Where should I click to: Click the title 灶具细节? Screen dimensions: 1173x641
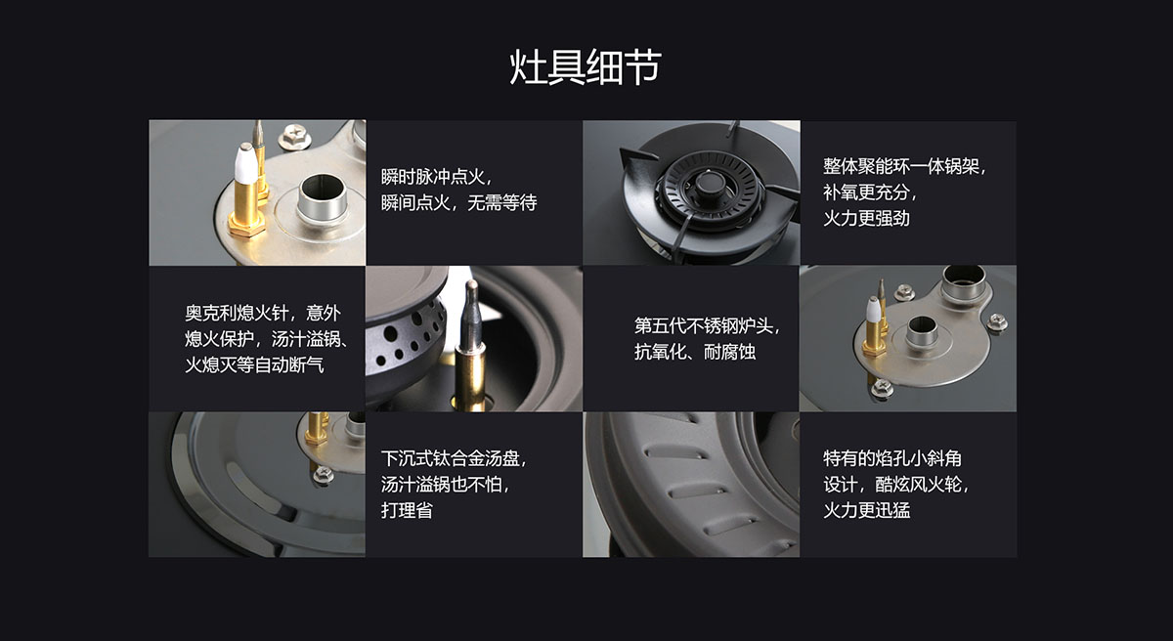(x=586, y=67)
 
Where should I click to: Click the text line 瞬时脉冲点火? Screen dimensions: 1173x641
(x=437, y=177)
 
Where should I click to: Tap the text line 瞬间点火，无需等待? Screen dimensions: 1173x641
(x=458, y=202)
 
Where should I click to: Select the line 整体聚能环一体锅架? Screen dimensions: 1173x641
(x=904, y=166)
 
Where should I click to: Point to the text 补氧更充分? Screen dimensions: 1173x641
(x=870, y=192)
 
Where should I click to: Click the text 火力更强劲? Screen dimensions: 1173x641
(x=866, y=218)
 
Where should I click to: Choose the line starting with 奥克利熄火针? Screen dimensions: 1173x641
(x=263, y=313)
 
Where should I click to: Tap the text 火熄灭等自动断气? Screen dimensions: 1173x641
(x=254, y=364)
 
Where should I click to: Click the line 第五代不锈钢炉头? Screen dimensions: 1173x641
(x=708, y=325)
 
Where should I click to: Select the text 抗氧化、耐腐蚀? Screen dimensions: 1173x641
(x=695, y=352)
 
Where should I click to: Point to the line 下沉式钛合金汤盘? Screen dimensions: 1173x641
(x=454, y=458)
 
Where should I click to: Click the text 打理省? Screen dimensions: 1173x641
(x=407, y=510)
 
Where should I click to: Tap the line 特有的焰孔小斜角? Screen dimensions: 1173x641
(x=892, y=458)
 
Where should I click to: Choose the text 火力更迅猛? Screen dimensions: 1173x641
(x=866, y=510)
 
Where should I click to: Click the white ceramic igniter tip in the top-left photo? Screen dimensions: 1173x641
(x=245, y=163)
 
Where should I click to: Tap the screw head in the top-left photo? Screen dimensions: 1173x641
(x=295, y=136)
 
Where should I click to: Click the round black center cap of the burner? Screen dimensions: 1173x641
(x=710, y=183)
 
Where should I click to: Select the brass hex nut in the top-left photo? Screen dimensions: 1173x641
(x=246, y=227)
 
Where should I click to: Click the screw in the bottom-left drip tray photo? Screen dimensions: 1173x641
(x=324, y=474)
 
